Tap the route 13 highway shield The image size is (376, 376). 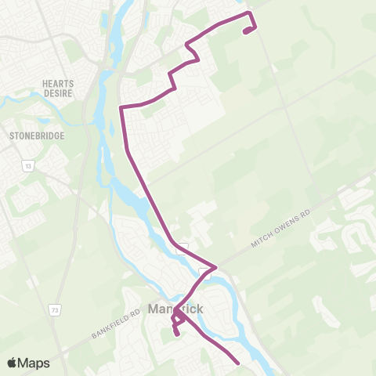point(28,166)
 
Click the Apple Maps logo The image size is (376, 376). point(28,363)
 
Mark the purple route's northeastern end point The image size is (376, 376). point(246,32)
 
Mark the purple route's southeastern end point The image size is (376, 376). point(237,363)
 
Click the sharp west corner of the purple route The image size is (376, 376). point(120,107)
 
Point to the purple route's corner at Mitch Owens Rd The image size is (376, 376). point(215,266)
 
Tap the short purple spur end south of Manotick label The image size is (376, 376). point(177,334)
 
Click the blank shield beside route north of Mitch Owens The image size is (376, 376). point(183,244)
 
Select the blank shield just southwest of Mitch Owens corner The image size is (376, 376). point(204,273)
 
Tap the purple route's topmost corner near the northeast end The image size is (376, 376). point(249,13)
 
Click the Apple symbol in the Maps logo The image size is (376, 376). point(13,363)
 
